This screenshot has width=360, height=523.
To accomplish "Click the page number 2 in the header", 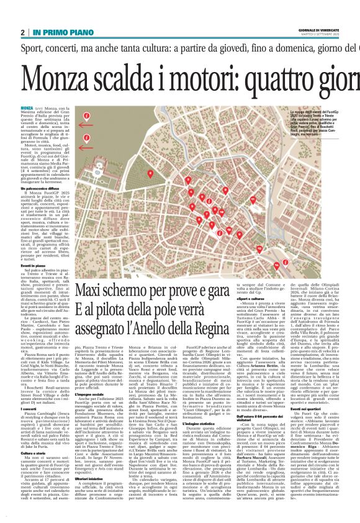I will coord(23,32).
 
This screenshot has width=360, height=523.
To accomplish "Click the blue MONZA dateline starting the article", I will coord(27,108).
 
